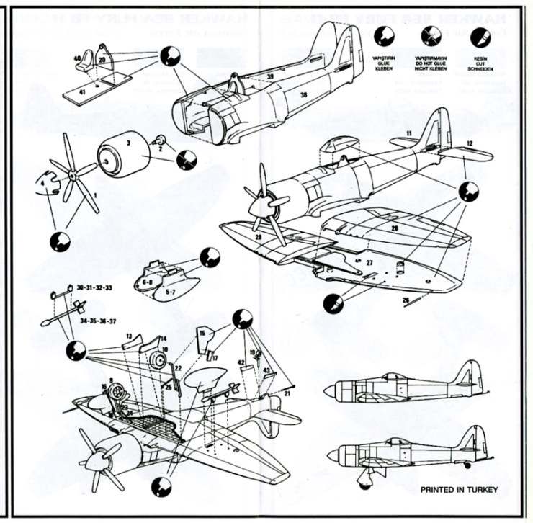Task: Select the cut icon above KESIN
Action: click(x=477, y=35)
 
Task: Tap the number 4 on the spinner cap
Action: click(x=44, y=184)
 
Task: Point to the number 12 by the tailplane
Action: click(x=469, y=144)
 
